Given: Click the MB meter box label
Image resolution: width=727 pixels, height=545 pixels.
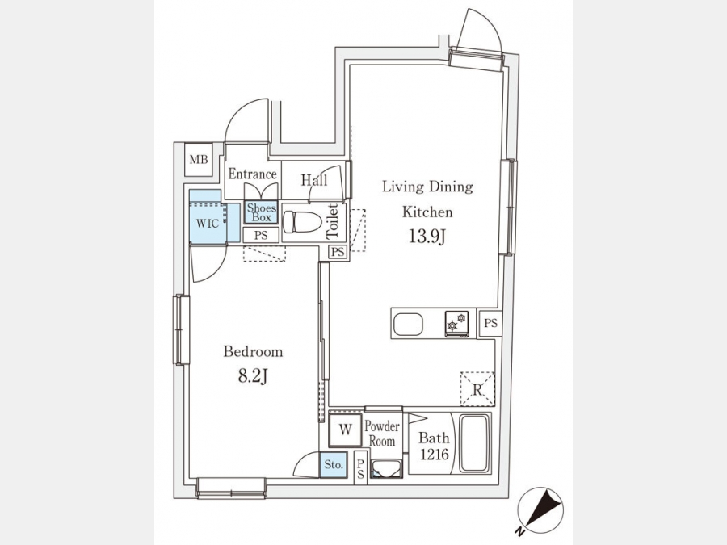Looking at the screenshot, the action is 199,160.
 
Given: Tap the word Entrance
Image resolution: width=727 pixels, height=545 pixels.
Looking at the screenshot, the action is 252,174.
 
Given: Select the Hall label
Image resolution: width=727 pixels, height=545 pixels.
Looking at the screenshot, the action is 314,180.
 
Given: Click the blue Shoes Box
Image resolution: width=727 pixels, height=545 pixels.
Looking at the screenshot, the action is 261,212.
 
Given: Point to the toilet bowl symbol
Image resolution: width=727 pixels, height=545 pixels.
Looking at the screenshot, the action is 302,221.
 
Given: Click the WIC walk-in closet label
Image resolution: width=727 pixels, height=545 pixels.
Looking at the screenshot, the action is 208,224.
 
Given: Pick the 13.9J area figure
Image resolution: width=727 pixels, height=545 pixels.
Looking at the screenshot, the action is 427,237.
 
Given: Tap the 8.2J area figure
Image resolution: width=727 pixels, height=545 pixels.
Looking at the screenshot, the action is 253,376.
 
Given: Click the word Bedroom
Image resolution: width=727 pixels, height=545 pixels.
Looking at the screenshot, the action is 253,351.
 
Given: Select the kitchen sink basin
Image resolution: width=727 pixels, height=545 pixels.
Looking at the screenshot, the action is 408,324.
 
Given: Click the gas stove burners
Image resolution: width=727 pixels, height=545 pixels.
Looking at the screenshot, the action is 456,322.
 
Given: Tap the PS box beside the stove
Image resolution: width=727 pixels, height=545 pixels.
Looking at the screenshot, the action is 490,322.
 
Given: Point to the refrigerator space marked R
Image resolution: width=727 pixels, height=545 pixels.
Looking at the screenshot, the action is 477,389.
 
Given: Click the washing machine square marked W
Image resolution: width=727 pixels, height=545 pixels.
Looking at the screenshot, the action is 345,430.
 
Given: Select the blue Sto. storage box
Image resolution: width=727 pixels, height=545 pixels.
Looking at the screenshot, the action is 334,465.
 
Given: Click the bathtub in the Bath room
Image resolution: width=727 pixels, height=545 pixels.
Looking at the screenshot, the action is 474,443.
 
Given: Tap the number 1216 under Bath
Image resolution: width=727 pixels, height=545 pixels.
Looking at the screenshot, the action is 435,455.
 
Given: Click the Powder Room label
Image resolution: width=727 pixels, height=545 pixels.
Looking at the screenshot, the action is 381,434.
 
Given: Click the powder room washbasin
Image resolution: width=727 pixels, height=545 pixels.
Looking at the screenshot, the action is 386,468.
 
